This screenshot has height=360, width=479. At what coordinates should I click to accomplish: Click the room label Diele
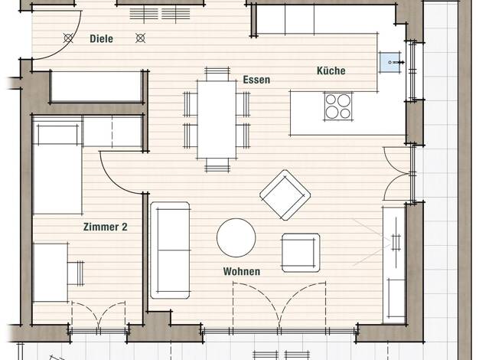click(x=101, y=39)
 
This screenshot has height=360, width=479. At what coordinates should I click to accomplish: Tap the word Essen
click(x=256, y=80)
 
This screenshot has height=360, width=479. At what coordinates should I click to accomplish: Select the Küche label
click(x=331, y=70)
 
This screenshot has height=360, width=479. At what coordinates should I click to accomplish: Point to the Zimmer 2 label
click(x=105, y=227)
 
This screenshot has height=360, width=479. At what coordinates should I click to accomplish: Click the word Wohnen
click(x=242, y=271)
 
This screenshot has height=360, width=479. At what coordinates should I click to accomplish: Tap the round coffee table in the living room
click(x=236, y=237)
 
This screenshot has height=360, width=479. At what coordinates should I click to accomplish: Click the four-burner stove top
click(x=338, y=106)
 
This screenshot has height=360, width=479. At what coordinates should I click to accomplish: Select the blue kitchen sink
click(x=391, y=62)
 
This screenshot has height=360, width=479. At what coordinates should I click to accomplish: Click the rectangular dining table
click(x=217, y=119)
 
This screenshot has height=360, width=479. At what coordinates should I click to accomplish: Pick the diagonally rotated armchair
click(x=285, y=195)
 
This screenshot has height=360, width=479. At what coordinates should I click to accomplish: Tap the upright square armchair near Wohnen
click(x=301, y=253)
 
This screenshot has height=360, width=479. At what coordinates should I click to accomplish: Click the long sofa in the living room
click(x=170, y=250)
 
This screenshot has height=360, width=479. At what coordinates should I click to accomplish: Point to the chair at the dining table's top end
click(x=217, y=74)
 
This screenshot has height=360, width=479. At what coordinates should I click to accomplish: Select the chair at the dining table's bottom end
click(x=217, y=165)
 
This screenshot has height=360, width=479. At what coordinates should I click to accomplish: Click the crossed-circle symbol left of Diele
click(x=68, y=38)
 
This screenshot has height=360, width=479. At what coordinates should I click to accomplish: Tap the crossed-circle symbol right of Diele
click(x=140, y=38)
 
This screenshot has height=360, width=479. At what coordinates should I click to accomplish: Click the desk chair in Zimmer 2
click(x=76, y=273)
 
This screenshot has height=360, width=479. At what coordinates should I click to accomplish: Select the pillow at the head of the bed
click(x=57, y=133)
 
